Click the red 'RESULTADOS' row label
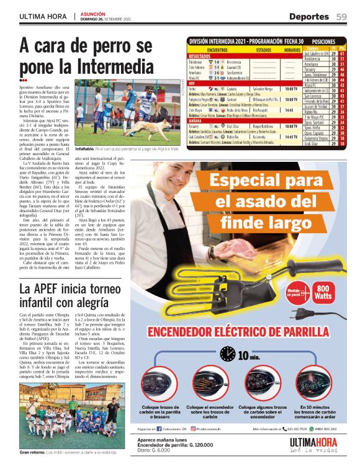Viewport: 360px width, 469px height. [200, 56]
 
